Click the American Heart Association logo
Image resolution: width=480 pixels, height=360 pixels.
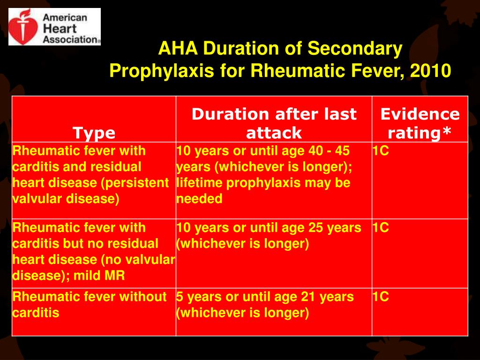coord(54,27)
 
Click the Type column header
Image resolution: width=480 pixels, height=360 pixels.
coord(94,133)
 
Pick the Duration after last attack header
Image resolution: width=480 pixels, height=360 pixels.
coord(274,123)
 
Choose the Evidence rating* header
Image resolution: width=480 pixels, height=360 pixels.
coord(420,123)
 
